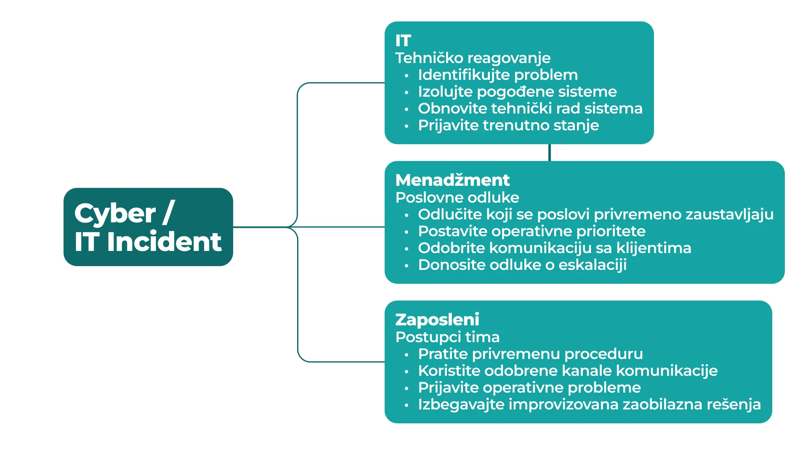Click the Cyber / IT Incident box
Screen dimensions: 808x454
(148, 227)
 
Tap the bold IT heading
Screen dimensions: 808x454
(403, 41)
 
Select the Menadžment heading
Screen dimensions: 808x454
(452, 180)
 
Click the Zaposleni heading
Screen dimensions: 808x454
(437, 320)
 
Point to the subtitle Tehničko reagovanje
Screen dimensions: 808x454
(473, 58)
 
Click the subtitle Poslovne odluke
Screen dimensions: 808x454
(457, 198)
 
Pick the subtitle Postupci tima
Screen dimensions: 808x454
(447, 337)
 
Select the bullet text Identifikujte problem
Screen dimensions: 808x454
(498, 75)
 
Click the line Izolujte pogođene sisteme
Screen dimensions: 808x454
(517, 92)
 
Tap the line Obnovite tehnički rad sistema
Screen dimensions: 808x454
(530, 108)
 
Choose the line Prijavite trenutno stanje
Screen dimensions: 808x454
(508, 125)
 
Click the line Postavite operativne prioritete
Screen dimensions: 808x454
(532, 231)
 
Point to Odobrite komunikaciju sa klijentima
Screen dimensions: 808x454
(555, 248)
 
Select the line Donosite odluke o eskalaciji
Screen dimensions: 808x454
(522, 265)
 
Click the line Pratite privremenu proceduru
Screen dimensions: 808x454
(530, 354)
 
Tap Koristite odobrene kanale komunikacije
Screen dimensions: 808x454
(568, 371)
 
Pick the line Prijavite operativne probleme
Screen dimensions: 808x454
(529, 388)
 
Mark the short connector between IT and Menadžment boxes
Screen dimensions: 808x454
(550, 153)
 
